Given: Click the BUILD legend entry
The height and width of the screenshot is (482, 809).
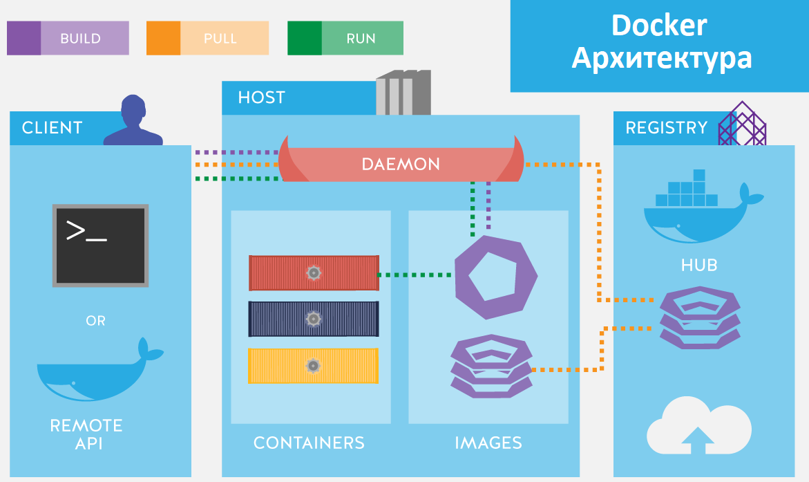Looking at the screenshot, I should (68, 38).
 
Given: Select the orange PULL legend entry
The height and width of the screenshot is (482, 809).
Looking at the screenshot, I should (207, 38).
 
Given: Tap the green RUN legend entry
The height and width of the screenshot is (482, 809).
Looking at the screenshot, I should (345, 38).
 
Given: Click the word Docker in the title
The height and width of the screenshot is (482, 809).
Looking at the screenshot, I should (658, 26).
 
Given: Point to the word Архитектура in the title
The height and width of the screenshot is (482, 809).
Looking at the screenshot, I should (661, 58).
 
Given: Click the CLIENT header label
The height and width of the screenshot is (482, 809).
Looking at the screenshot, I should (52, 128).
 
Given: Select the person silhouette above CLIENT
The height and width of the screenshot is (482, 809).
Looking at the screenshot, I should (133, 122).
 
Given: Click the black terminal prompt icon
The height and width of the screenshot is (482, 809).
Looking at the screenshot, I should (101, 245).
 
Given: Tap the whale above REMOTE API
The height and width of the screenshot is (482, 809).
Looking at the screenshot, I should (97, 373).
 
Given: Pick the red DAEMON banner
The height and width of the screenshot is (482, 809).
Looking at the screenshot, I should (401, 164).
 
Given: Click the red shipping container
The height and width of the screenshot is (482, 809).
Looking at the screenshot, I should (314, 273).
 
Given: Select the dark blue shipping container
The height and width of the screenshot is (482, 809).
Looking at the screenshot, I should (314, 319).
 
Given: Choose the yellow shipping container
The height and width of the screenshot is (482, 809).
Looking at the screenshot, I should (314, 365).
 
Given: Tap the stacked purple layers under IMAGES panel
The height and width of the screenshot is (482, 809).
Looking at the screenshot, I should (491, 367).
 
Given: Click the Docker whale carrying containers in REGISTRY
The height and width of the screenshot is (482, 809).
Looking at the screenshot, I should (698, 207).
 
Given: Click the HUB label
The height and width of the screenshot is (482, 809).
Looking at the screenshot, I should (698, 265).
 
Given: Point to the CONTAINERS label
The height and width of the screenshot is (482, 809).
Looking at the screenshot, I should (309, 443).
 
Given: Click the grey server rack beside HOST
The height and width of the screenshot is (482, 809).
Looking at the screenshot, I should (403, 93).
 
